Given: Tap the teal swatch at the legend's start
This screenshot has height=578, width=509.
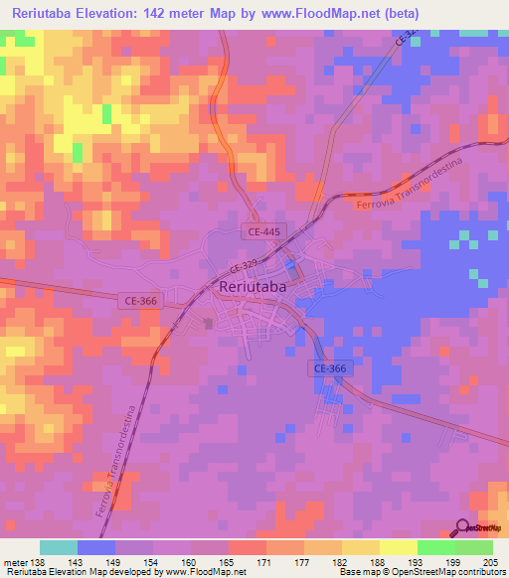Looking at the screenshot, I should coord(59,547).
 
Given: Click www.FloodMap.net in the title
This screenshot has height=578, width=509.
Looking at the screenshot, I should coord(308,13).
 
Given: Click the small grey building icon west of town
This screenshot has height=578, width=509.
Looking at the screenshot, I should coord(207,323).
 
